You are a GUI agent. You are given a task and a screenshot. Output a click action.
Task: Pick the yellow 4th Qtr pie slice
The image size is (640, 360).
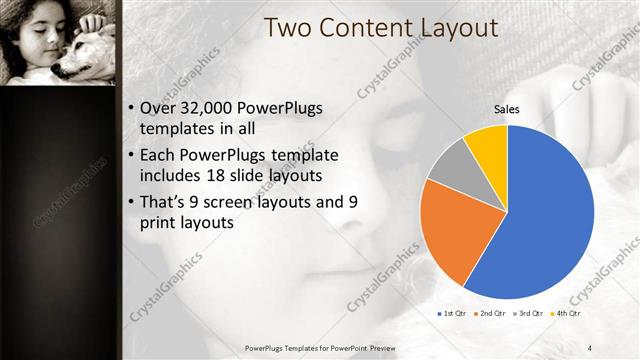tap(488, 143)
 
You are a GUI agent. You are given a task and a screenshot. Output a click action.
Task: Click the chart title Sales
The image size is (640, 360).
tap(506, 108)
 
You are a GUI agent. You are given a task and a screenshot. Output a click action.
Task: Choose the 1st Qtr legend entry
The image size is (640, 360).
tap(454, 313)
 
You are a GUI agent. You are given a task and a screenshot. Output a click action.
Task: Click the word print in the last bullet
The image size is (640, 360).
tap(164, 223)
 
